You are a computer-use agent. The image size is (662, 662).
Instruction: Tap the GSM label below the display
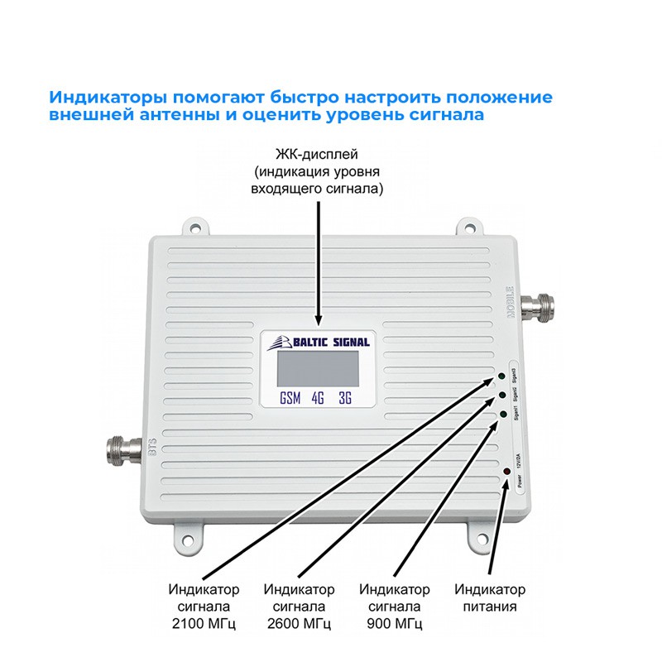290,398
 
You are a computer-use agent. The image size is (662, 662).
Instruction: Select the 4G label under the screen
318,398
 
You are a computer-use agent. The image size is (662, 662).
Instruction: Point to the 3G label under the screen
345,398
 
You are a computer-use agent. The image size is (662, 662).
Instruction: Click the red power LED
505,472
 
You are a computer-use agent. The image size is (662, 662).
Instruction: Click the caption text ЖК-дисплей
318,156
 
